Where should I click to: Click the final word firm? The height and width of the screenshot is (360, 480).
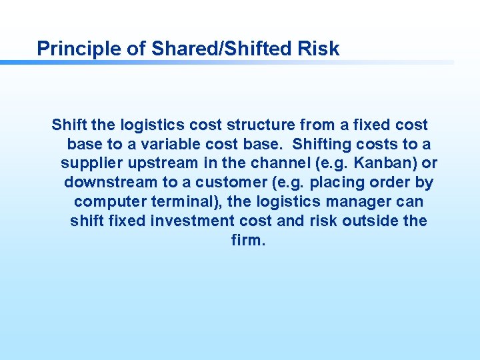[249, 240]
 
